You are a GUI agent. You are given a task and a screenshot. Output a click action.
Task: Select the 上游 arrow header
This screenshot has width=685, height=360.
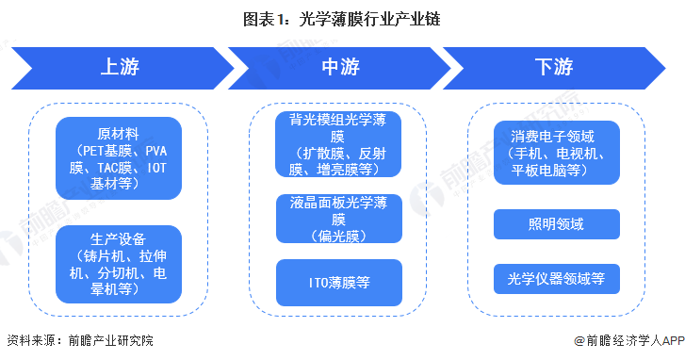(x=123, y=68)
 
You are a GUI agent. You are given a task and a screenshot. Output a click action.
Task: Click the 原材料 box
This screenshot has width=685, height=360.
(x=118, y=157)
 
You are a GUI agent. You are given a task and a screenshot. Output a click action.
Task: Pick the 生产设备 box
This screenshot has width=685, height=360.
(x=118, y=262)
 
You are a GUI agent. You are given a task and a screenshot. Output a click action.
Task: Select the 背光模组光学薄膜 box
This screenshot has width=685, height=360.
(x=338, y=144)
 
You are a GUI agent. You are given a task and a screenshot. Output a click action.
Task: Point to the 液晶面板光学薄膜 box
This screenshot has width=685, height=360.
(x=338, y=220)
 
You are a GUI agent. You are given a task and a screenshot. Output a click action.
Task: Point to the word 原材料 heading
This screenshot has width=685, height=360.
(x=118, y=132)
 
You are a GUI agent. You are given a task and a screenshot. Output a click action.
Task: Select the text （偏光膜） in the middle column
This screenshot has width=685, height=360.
(x=338, y=236)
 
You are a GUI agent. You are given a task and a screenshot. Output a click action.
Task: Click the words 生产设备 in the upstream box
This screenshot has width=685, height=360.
(x=118, y=236)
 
